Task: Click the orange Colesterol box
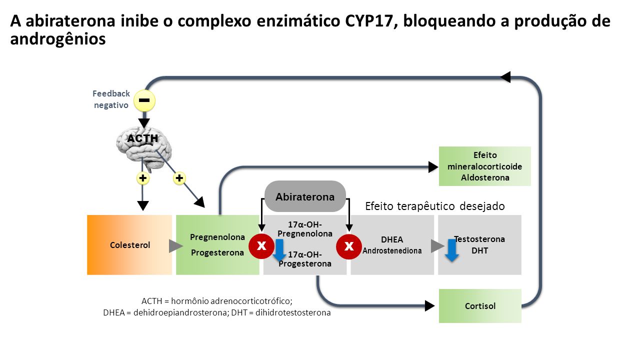129,245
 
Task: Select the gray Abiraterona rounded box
305,196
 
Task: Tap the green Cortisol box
480,306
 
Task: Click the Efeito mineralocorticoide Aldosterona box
485,166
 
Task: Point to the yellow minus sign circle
144,100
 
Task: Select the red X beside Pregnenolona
261,246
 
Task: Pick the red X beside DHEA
349,246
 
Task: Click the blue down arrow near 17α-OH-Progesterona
279,250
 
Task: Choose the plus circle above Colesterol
142,178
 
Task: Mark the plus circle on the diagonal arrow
179,178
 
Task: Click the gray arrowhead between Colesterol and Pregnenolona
175,246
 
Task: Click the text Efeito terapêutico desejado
435,206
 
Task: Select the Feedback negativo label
111,99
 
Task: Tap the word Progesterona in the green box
217,252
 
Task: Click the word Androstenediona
392,250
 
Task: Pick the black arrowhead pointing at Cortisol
429,305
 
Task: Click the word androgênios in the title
58,39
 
